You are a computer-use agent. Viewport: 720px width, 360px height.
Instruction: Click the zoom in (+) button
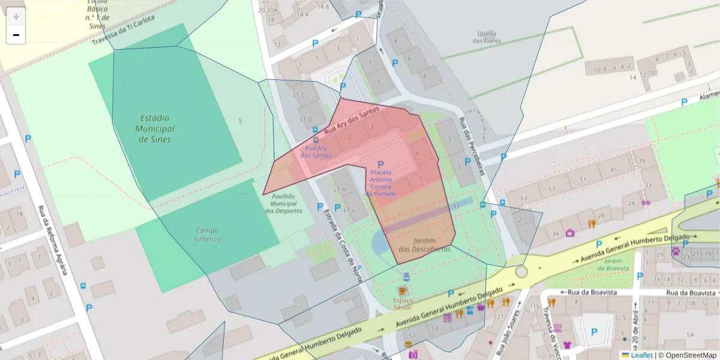click(x=16, y=17)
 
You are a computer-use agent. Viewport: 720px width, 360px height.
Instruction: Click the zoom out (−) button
click(x=16, y=35)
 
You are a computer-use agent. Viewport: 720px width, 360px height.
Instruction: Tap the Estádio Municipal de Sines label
click(x=155, y=128)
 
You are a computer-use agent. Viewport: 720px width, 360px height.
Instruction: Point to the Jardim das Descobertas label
click(x=424, y=244)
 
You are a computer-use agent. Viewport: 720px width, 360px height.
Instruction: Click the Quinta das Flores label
click(x=487, y=37)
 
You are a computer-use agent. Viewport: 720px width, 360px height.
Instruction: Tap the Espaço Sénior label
click(x=403, y=303)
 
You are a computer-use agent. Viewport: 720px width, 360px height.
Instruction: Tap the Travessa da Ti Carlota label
click(x=123, y=31)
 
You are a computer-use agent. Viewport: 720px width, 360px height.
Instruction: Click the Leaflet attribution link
click(x=641, y=355)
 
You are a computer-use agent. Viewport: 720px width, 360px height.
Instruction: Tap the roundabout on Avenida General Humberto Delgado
click(x=521, y=272)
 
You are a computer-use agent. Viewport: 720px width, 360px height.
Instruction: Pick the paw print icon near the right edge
click(x=677, y=251)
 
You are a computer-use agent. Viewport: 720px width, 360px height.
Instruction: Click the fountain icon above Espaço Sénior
click(x=407, y=277)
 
